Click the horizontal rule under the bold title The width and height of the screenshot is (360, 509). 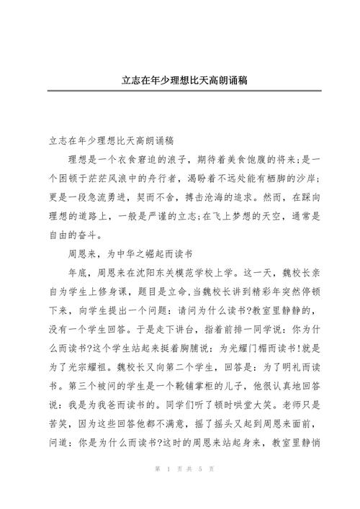(180, 91)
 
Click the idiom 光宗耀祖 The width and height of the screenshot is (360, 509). (101, 366)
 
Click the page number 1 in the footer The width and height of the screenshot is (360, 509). (165, 488)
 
